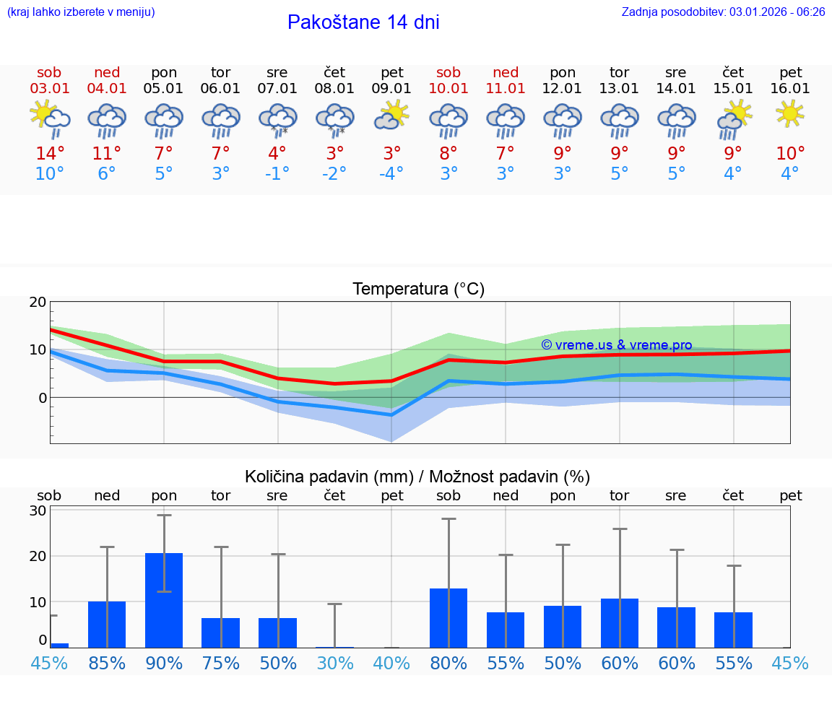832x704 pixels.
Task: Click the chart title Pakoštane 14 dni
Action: (363, 22)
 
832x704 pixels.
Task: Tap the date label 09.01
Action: (392, 89)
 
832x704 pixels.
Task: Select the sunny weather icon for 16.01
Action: (790, 113)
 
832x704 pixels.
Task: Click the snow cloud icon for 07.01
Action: (277, 119)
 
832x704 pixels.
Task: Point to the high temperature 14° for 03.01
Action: (49, 154)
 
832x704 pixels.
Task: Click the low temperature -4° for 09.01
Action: (391, 174)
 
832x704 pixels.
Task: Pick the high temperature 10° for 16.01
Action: (790, 154)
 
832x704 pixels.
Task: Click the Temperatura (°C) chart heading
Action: (418, 290)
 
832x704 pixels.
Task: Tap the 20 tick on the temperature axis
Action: (38, 303)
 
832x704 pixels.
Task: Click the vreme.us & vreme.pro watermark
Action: (617, 345)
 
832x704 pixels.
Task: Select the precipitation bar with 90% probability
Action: (164, 600)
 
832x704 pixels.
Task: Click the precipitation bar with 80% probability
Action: (448, 618)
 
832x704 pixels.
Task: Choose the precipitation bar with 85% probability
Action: (107, 624)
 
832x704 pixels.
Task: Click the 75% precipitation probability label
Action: (220, 664)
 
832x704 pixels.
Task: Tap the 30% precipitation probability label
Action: (334, 664)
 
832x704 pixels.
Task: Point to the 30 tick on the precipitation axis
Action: (38, 510)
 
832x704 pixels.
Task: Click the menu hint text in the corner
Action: (81, 12)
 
